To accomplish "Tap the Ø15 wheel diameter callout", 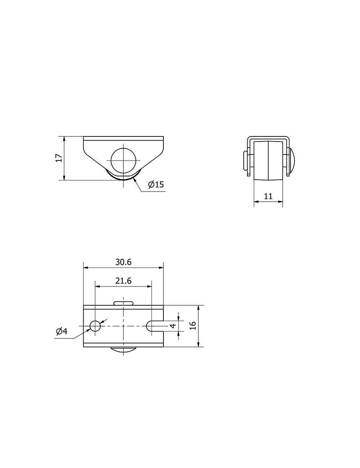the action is (x=156, y=184).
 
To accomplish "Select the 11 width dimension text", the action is (x=268, y=196).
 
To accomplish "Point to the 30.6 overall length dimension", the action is (x=123, y=262).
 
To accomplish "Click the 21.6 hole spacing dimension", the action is (x=123, y=281).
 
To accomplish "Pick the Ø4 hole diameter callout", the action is (x=62, y=331).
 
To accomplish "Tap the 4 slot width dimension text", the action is (x=173, y=326).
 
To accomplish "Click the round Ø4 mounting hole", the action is (x=95, y=326).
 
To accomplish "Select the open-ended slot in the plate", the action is (x=155, y=326).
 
